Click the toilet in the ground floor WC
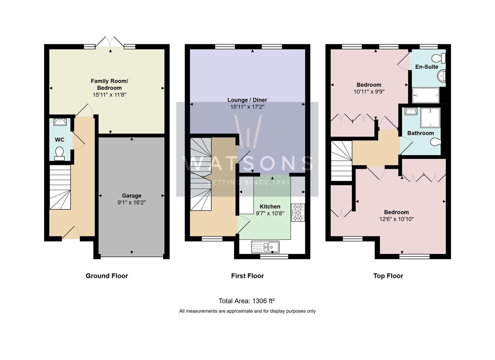tap(60, 153)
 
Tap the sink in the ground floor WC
tap(60, 122)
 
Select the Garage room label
tap(131, 196)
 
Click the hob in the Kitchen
tap(298, 212)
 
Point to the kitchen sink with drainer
tap(265, 247)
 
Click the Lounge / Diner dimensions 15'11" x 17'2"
tap(247, 107)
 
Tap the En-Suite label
tap(427, 67)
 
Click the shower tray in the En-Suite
tap(426, 95)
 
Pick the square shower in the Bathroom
tap(430, 118)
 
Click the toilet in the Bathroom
tap(436, 142)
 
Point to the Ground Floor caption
tap(107, 276)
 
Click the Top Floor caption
tap(388, 276)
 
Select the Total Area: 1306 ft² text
tap(246, 301)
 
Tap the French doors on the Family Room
tap(110, 43)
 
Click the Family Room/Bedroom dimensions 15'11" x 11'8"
tap(109, 95)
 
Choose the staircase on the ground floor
tap(60, 187)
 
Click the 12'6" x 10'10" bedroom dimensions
tap(396, 219)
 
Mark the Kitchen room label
tap(270, 206)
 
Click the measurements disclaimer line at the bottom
tap(247, 311)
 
